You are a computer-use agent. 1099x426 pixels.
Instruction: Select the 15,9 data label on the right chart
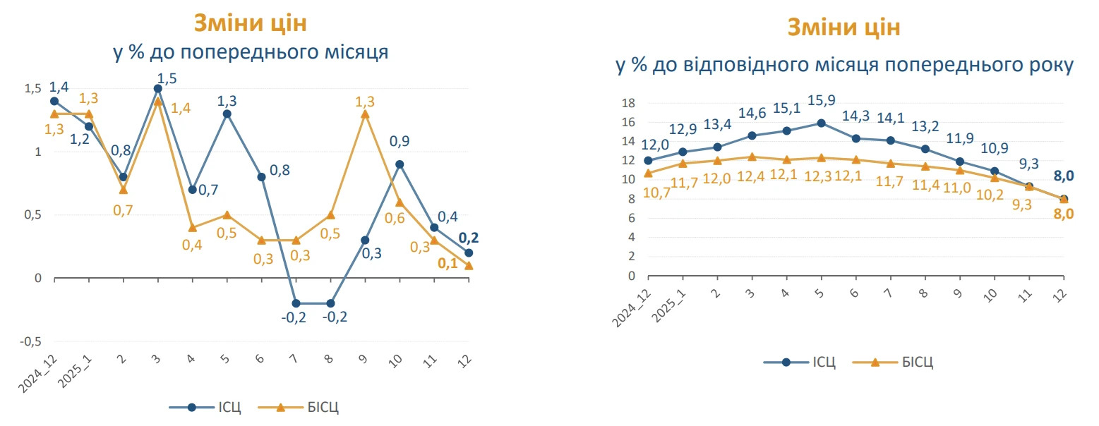(x=821, y=101)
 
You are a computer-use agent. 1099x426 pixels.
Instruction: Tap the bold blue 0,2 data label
(x=469, y=238)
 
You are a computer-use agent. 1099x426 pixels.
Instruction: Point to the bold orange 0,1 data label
(x=448, y=264)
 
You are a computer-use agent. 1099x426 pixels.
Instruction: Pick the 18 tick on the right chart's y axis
(x=628, y=103)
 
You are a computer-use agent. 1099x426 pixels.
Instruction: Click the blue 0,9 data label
(x=400, y=141)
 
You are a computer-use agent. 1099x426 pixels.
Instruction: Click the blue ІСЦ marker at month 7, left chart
(x=296, y=303)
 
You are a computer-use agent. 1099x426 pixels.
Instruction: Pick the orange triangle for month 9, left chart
(x=365, y=114)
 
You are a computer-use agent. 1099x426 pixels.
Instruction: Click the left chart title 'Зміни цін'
(x=251, y=23)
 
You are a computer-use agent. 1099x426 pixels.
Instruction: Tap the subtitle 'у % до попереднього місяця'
(x=251, y=53)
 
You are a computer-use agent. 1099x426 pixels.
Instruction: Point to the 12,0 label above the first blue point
(x=656, y=145)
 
